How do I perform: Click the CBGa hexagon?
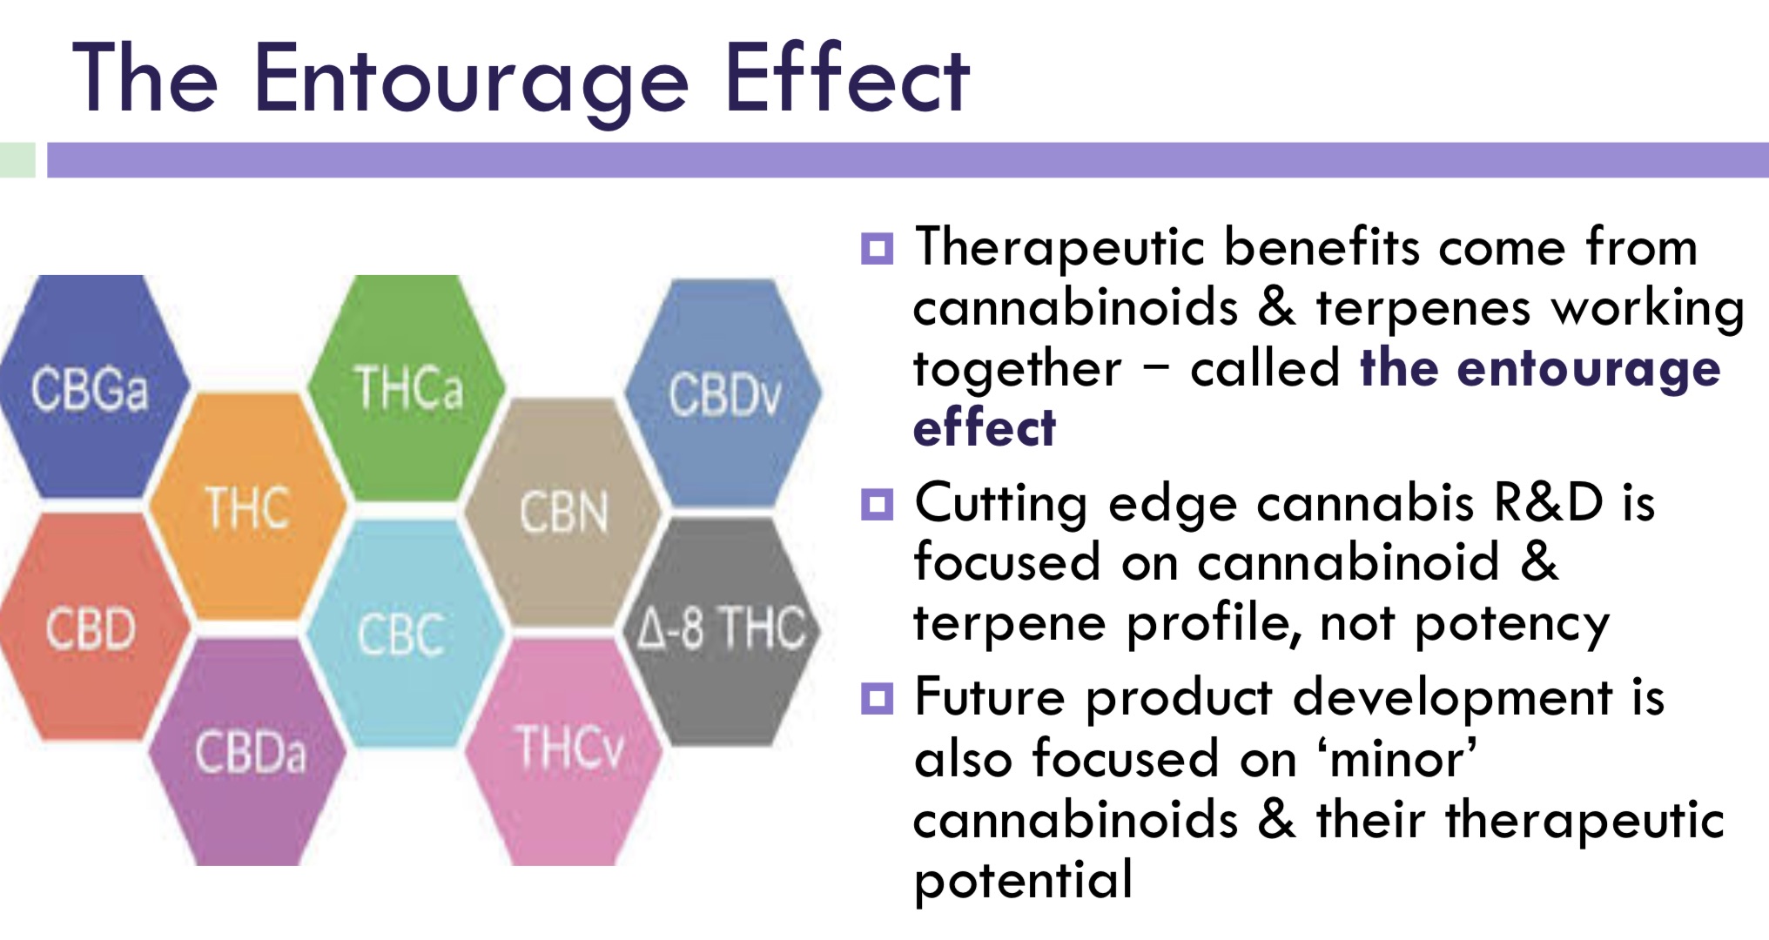[92, 387]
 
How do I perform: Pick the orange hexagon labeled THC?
[248, 507]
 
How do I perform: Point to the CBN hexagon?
[564, 512]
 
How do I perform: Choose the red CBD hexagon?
[92, 627]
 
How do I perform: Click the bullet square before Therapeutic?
[877, 248]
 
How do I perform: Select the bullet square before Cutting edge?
[877, 504]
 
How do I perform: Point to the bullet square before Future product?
[877, 698]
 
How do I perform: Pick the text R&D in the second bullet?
[1548, 502]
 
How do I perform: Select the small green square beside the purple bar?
[17, 160]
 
